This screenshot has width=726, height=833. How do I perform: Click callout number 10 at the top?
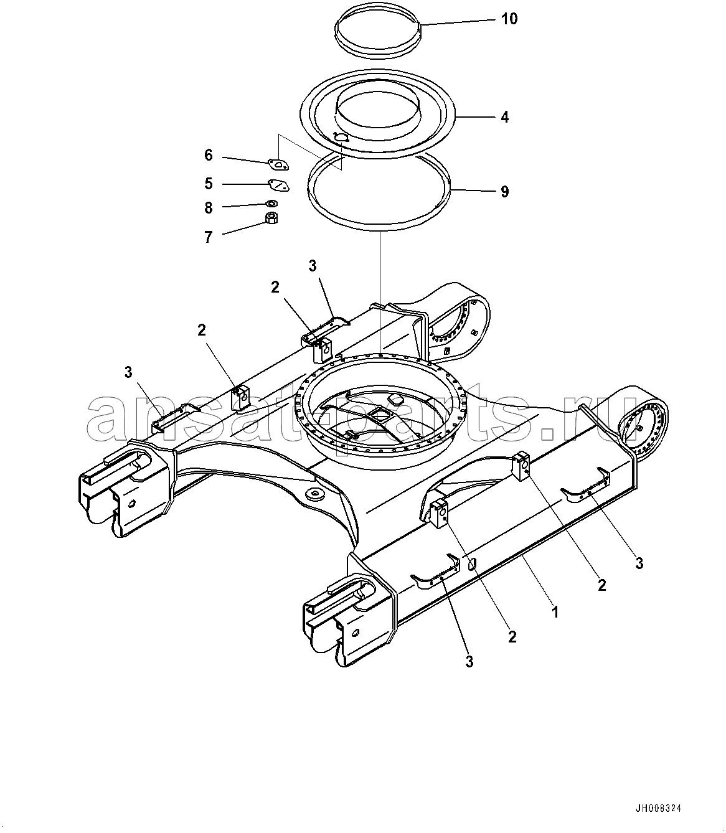[509, 19]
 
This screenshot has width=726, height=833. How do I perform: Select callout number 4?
[505, 117]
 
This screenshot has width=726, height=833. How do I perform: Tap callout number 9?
[505, 191]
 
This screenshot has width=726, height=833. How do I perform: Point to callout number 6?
[209, 155]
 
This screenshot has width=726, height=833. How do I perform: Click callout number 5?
[209, 184]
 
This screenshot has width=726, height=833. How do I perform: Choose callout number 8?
[209, 208]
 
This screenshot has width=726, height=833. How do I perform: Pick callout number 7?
[209, 237]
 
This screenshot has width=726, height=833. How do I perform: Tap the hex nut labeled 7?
[271, 218]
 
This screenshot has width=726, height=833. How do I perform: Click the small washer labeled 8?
[271, 203]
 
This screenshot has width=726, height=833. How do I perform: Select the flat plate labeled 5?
[279, 186]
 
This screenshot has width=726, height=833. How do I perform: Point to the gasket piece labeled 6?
[279, 164]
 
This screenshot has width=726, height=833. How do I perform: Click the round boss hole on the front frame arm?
[314, 495]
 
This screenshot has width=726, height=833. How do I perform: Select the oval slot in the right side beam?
[473, 564]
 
